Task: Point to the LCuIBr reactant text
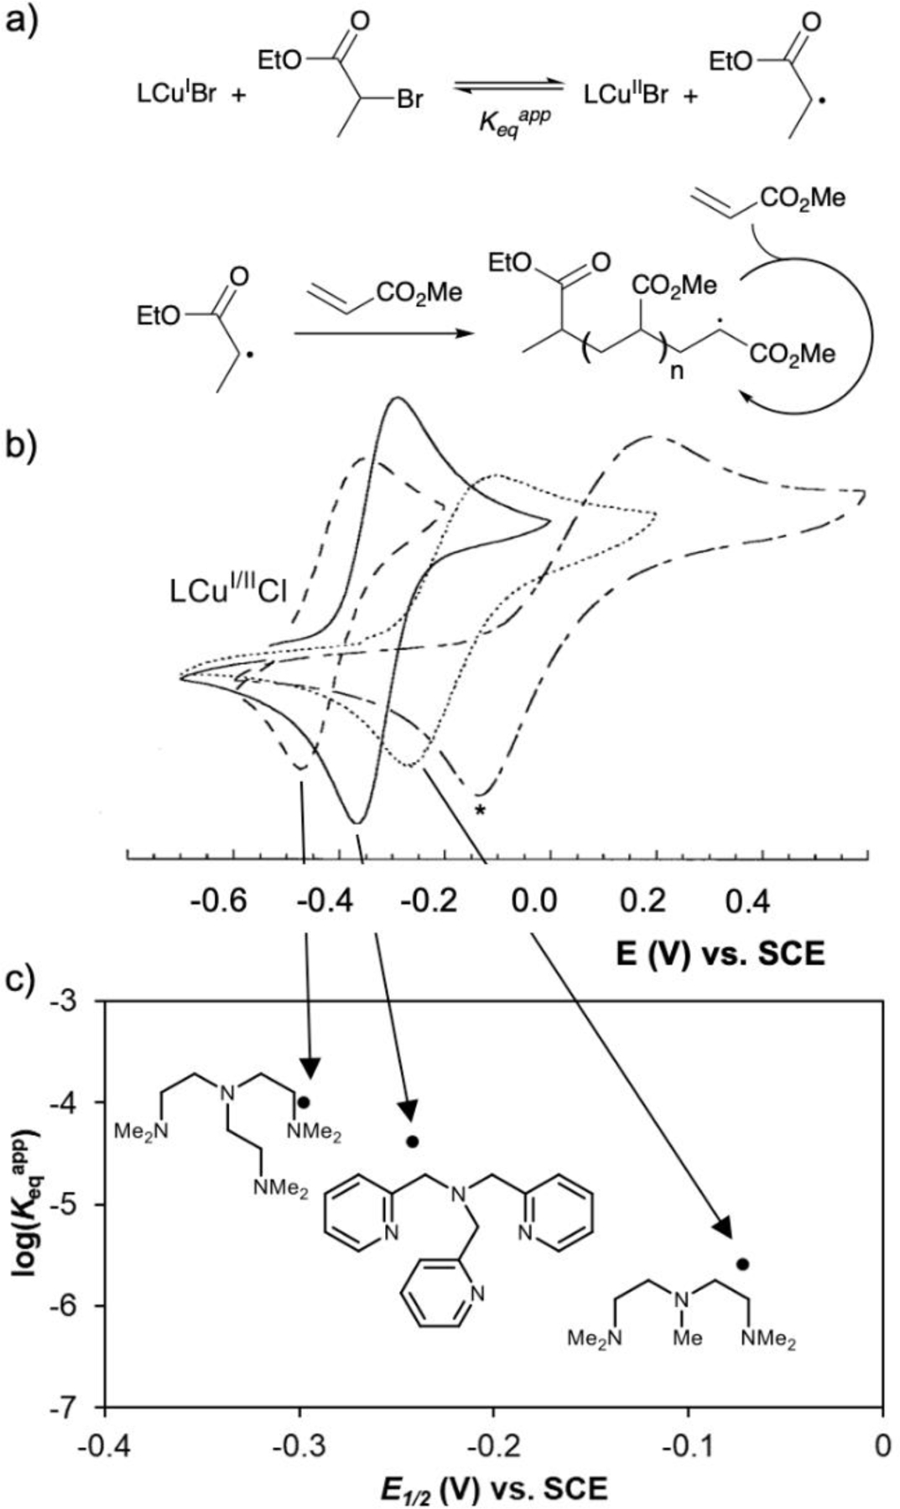[x=177, y=95]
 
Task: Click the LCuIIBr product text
[x=626, y=95]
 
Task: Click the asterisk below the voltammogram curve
[x=479, y=811]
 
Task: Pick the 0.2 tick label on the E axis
[x=643, y=901]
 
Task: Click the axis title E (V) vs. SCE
[x=720, y=954]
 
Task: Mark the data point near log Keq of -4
[x=304, y=1102]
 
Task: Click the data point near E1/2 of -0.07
[x=742, y=1264]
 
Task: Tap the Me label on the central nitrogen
[x=687, y=1338]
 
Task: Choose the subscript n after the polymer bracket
[x=676, y=370]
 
